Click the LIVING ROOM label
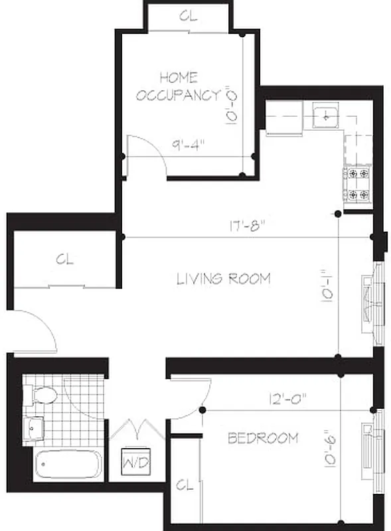(x=223, y=279)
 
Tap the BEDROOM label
(x=263, y=438)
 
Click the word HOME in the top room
(x=178, y=77)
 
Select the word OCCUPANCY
(x=177, y=95)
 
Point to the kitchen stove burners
(x=358, y=184)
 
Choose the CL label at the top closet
(x=189, y=17)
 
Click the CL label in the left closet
(x=64, y=259)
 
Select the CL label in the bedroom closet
(x=184, y=486)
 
